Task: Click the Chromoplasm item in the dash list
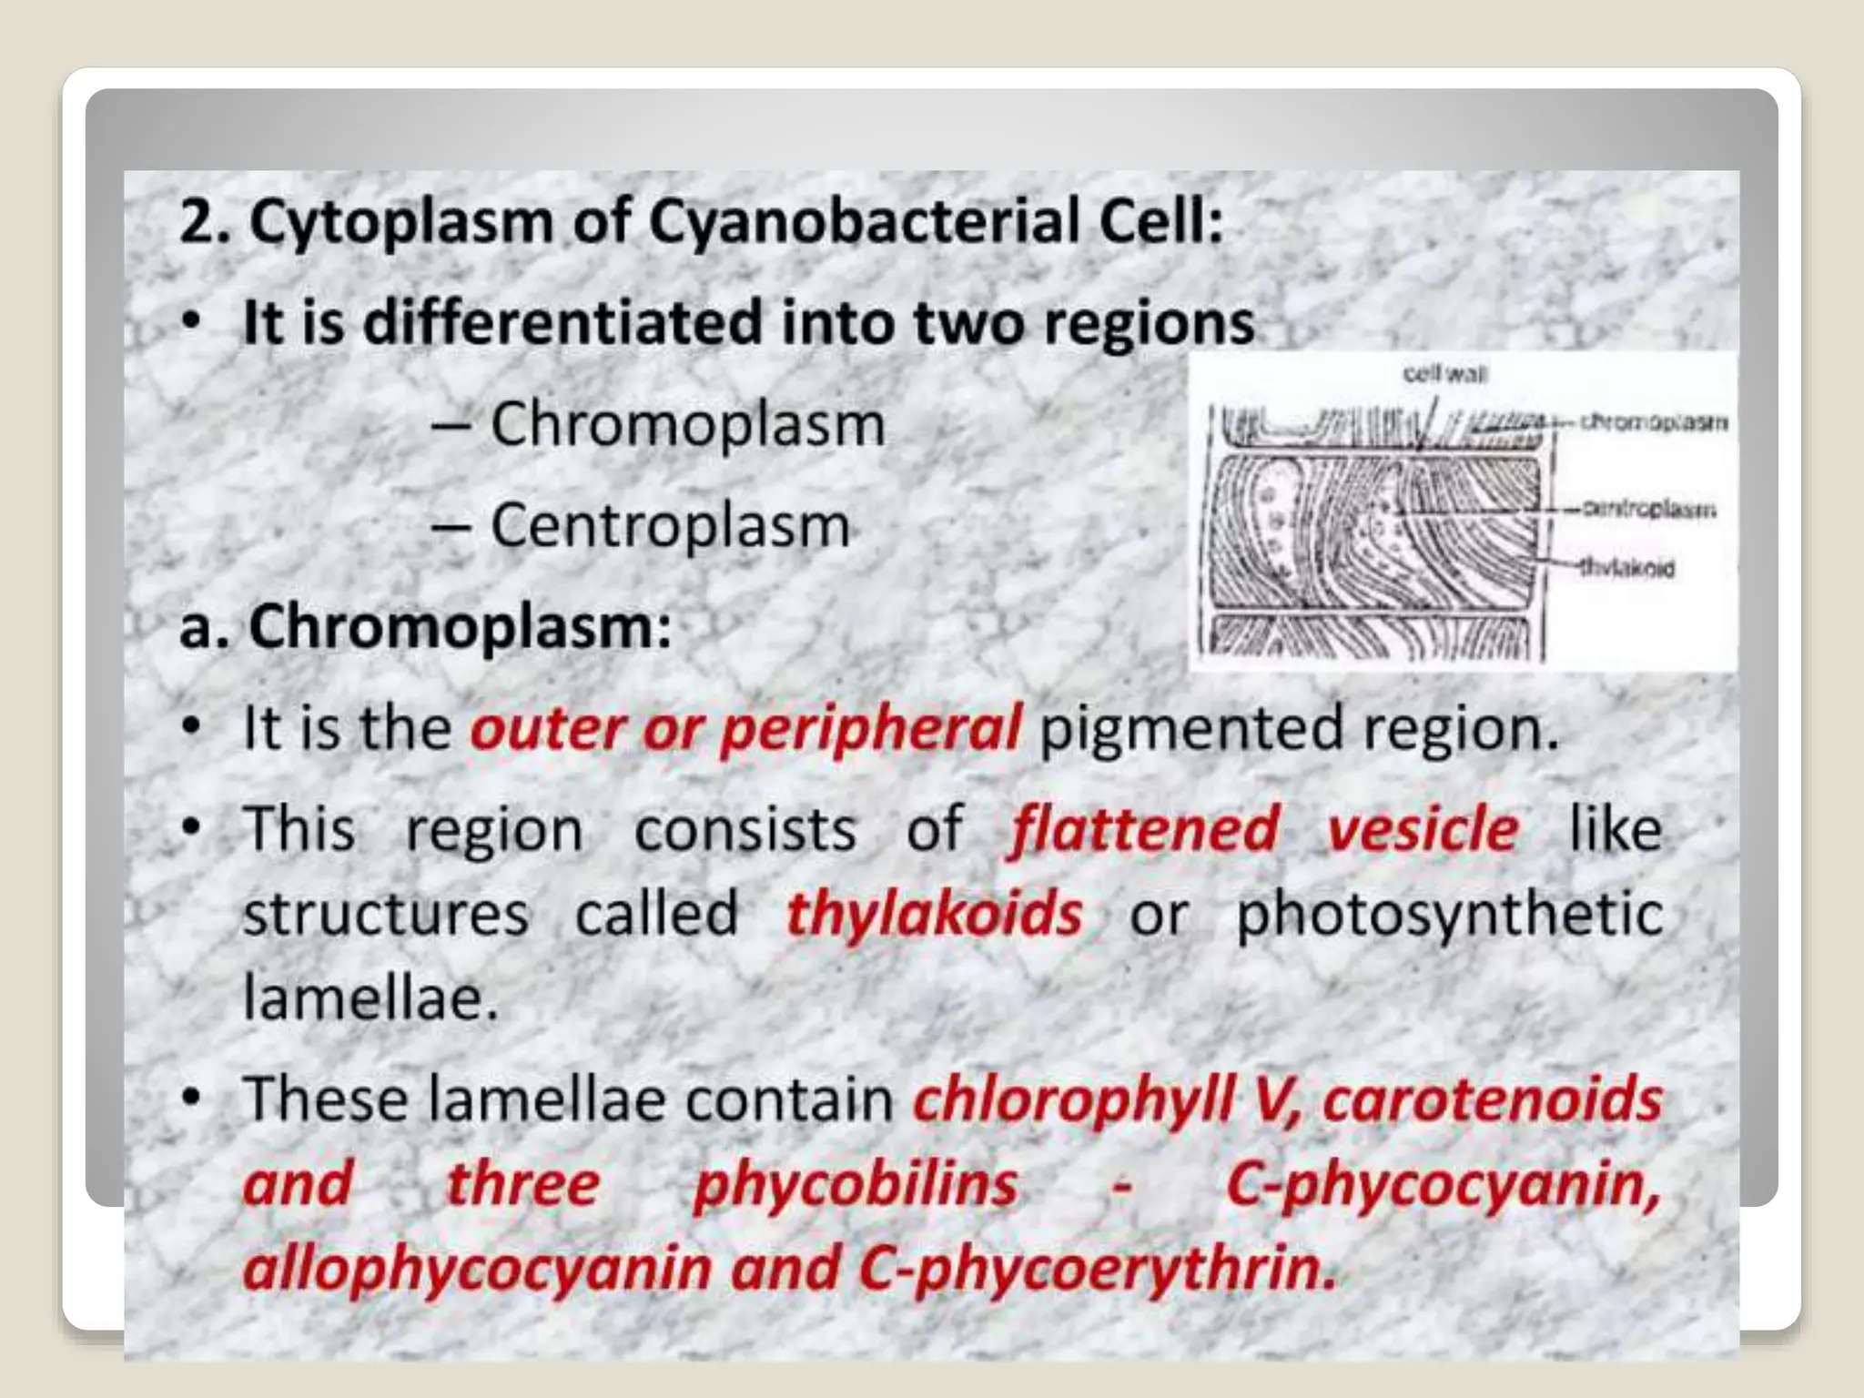click(687, 424)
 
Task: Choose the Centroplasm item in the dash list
click(670, 526)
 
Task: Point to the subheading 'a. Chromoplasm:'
click(426, 627)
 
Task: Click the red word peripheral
click(871, 728)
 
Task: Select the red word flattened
click(1144, 829)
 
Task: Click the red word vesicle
click(1422, 829)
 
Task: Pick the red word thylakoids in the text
click(934, 914)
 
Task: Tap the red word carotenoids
click(1493, 1099)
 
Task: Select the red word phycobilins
click(855, 1185)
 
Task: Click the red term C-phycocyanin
click(1444, 1185)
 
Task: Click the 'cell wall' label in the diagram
click(1445, 374)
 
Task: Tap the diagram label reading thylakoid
click(1627, 569)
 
